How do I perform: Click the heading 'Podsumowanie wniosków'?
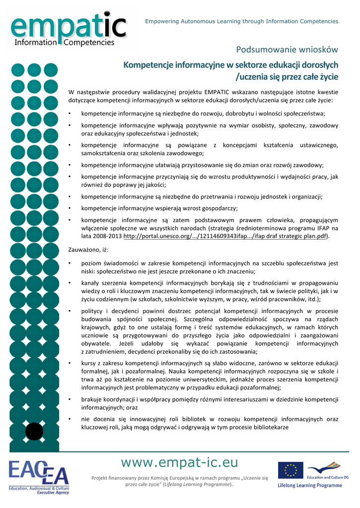pyautogui.click(x=287, y=50)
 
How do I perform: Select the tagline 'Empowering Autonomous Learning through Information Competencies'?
pyautogui.click(x=241, y=21)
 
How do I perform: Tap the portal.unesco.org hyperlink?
pyautogui.click(x=225, y=236)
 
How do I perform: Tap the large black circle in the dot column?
pyautogui.click(x=34, y=431)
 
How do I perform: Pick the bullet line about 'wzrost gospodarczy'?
pyautogui.click(x=159, y=208)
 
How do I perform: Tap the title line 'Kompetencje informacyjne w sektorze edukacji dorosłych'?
pyautogui.click(x=230, y=65)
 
